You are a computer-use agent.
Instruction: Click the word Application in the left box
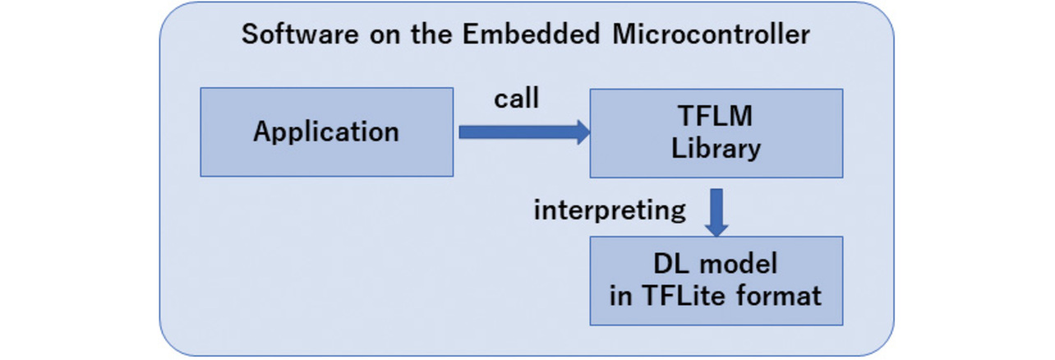point(326,132)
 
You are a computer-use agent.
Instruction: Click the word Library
point(716,149)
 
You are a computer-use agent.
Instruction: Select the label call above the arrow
point(516,99)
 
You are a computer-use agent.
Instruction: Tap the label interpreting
point(610,210)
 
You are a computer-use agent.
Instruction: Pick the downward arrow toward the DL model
point(716,210)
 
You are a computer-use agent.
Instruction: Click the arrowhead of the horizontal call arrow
point(583,132)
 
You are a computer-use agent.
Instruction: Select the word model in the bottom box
point(736,265)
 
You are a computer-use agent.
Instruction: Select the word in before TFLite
point(620,296)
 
